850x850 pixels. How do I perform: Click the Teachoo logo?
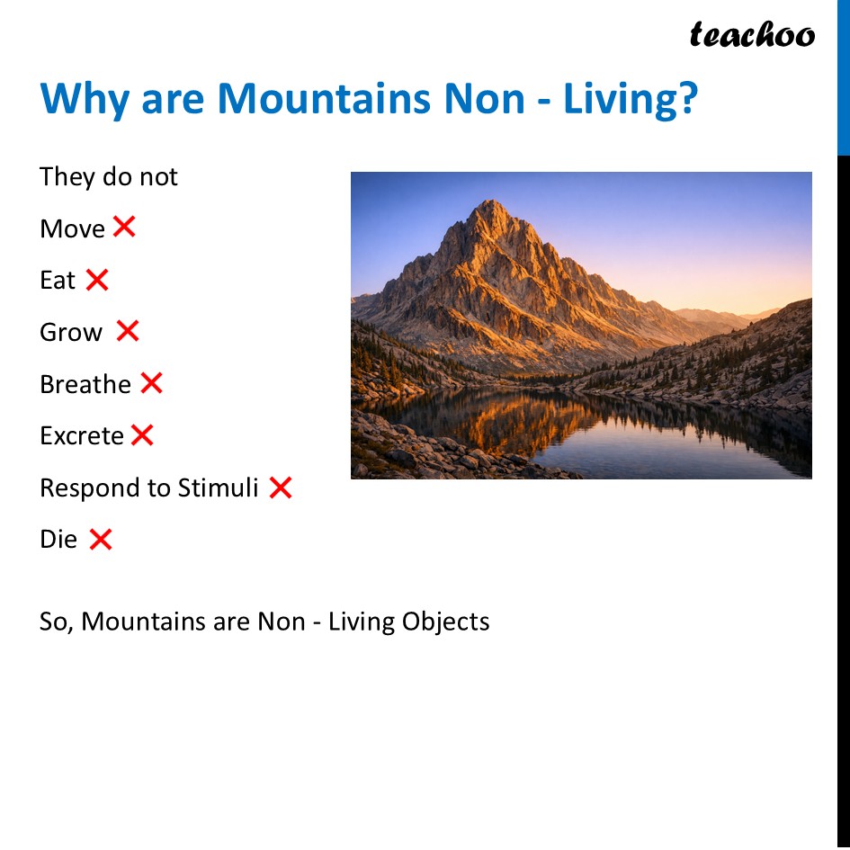(x=752, y=35)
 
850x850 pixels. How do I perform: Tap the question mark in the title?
(x=687, y=98)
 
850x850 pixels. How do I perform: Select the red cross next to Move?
(x=124, y=227)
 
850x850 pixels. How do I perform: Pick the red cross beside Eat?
(x=97, y=280)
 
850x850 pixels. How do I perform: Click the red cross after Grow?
(x=128, y=331)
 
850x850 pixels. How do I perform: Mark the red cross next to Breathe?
(x=151, y=383)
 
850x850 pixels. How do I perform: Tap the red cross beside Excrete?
(x=142, y=435)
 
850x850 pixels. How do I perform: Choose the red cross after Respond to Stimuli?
(x=281, y=488)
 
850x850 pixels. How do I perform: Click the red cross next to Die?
(x=101, y=540)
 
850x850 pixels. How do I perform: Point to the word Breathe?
(x=85, y=384)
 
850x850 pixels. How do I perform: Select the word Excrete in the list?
(x=82, y=436)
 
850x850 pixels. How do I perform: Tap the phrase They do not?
(x=109, y=176)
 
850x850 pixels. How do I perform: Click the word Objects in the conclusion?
(x=445, y=622)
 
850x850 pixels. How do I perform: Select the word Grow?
(x=71, y=333)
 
